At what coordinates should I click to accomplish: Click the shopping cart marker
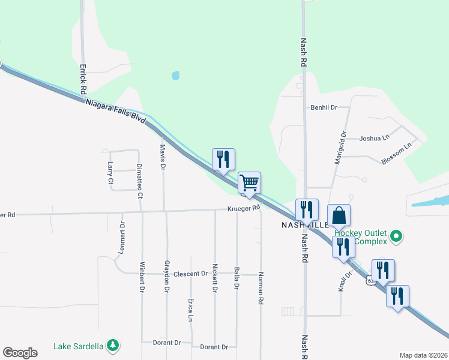(x=249, y=182)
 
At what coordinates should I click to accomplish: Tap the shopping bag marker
(x=339, y=215)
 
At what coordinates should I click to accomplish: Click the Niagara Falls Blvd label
(x=116, y=112)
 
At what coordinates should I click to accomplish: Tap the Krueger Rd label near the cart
(x=244, y=209)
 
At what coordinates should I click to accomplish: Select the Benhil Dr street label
(x=324, y=107)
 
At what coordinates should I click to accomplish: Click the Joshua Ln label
(x=373, y=138)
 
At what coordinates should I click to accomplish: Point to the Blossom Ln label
(x=397, y=153)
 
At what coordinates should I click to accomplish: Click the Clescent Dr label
(x=190, y=274)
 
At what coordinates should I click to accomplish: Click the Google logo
(x=20, y=353)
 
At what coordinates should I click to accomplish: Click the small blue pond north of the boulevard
(x=175, y=76)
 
